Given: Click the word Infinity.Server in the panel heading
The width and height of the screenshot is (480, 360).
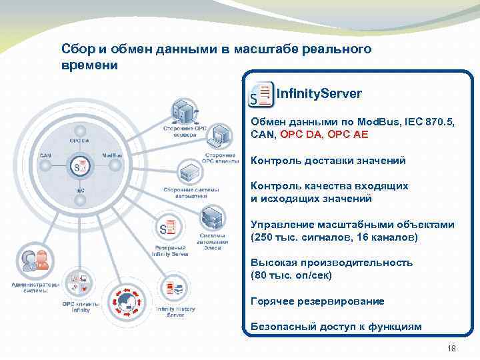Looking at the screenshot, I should coord(319,93).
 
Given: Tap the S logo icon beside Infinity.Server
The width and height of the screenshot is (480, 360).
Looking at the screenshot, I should coord(261,95).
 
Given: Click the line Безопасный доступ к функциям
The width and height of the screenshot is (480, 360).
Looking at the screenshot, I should coord(336,327).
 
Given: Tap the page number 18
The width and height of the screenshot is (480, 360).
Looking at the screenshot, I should coord(450,349).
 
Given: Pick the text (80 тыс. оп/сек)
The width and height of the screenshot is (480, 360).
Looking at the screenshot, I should coord(291,275).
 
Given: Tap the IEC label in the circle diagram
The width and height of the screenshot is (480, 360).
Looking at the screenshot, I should coord(79,191).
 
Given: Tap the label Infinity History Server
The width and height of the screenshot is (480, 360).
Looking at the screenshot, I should coord(175,312).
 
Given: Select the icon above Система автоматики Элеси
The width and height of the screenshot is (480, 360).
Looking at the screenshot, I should coord(212,218).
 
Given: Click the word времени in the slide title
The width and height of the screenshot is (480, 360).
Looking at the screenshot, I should coord(89,65).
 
